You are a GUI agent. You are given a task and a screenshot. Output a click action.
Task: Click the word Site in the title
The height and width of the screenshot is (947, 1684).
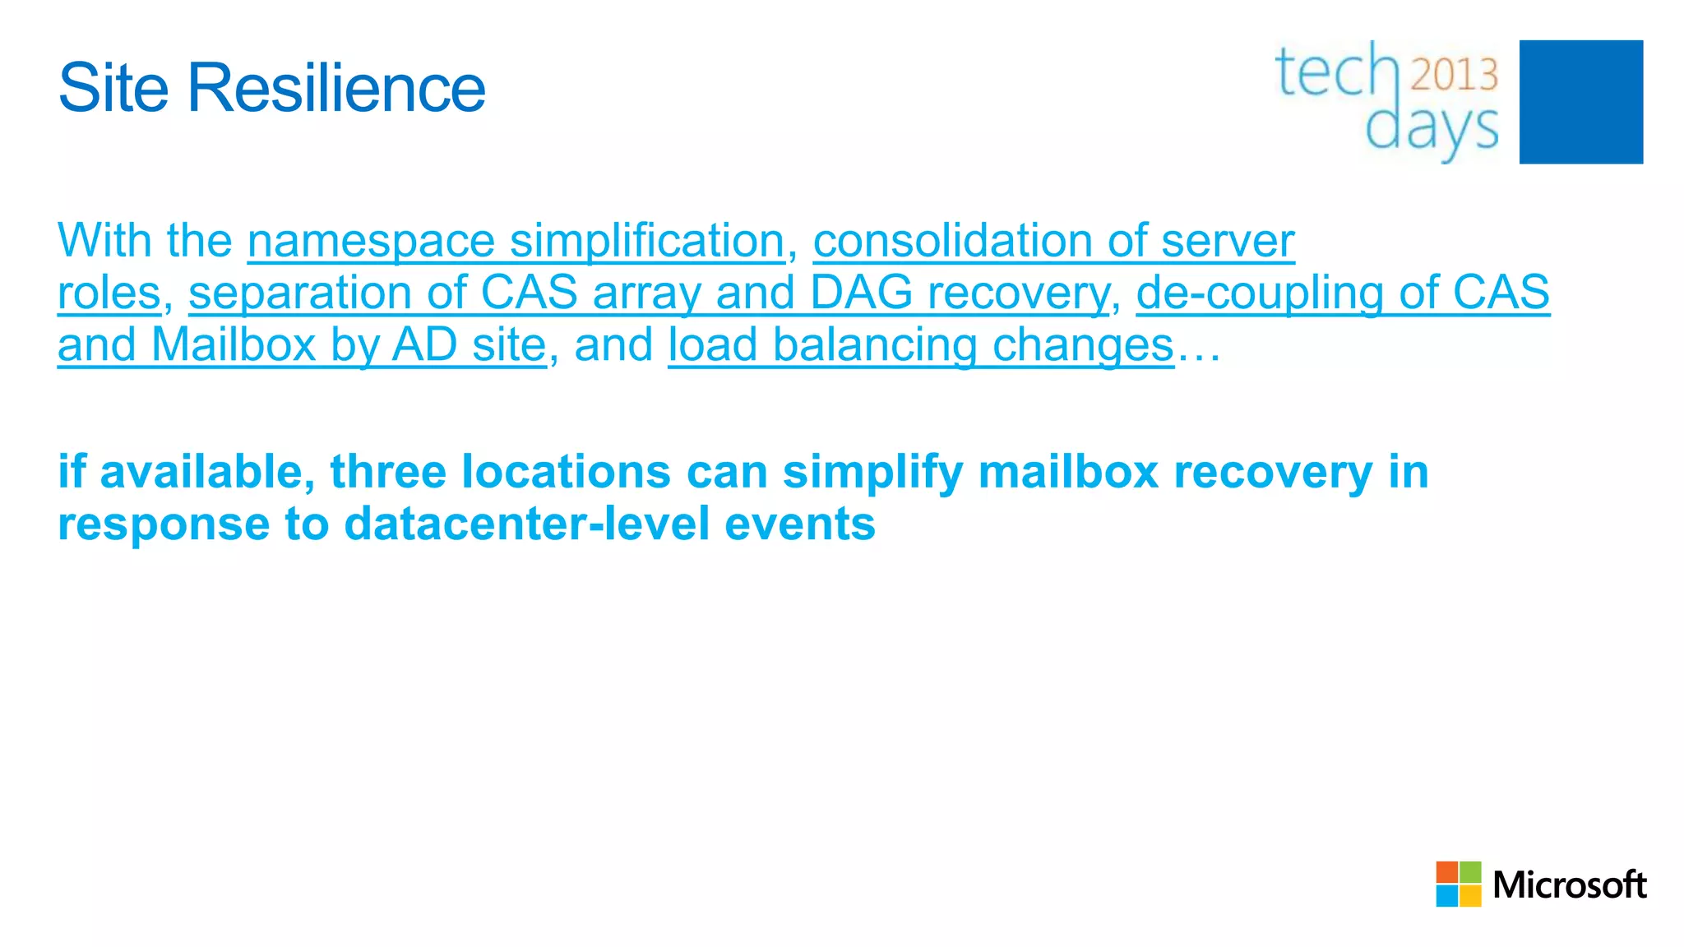tap(115, 88)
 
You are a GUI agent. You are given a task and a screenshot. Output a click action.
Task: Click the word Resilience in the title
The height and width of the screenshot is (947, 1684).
tap(336, 88)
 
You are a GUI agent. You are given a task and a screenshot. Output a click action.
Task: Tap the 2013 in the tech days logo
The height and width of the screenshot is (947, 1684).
tap(1455, 75)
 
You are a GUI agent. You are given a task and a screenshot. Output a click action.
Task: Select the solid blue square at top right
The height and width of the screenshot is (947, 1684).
tap(1580, 102)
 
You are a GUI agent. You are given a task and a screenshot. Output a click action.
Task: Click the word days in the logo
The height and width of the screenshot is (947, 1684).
tap(1432, 129)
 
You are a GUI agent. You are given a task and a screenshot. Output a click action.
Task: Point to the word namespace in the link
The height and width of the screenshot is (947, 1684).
tap(371, 241)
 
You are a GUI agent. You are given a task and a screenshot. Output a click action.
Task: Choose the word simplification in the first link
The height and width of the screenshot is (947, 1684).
tap(647, 241)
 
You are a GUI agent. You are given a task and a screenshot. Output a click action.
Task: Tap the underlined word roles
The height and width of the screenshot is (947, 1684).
tap(109, 293)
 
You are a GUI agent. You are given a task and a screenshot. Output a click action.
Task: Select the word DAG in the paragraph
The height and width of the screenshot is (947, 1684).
tap(861, 293)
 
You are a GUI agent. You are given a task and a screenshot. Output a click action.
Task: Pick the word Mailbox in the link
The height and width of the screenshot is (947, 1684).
tap(234, 344)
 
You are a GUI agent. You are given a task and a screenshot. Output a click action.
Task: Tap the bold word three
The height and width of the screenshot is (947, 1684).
tap(388, 472)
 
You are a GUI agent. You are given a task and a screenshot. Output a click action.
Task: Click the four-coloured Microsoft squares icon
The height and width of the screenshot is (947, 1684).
tap(1458, 884)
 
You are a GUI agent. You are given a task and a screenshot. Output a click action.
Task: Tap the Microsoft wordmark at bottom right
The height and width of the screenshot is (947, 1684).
tap(1569, 885)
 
